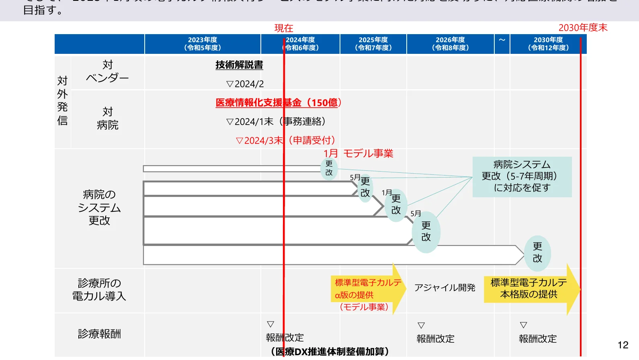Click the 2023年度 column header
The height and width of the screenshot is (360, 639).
203,44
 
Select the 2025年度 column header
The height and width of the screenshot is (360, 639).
373,44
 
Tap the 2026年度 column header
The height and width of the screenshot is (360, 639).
450,44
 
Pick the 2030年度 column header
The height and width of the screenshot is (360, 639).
548,44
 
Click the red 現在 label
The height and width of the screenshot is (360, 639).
284,28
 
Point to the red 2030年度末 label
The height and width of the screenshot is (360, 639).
583,28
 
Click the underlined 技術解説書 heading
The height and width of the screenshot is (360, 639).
239,65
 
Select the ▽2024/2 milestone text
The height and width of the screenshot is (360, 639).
245,84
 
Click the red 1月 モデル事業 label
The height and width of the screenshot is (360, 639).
358,153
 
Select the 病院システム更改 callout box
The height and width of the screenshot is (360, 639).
522,176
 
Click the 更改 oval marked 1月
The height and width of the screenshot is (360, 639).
396,205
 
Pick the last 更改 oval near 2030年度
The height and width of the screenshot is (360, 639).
537,252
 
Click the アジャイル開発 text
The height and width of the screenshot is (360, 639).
444,288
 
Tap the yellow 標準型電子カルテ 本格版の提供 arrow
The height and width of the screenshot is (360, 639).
529,288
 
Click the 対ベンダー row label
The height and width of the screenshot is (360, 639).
107,72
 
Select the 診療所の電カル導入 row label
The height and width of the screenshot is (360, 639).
99,290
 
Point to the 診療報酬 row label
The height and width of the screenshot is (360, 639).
99,334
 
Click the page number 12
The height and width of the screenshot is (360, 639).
623,345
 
